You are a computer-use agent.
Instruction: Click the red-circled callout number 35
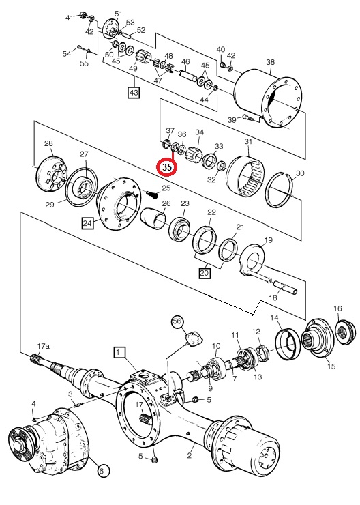point(166,167)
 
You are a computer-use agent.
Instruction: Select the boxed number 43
point(134,93)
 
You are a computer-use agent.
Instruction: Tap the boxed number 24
point(87,223)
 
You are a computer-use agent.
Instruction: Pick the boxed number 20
point(205,274)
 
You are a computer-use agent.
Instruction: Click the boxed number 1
point(119,352)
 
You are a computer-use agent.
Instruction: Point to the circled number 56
point(177,321)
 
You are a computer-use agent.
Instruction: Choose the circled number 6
point(102,472)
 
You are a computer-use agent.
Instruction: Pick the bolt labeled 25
point(151,194)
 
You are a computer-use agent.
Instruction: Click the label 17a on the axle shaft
point(44,347)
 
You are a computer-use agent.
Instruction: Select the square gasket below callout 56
point(194,338)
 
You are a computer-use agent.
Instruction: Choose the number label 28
point(48,143)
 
